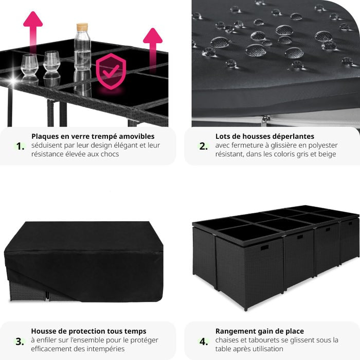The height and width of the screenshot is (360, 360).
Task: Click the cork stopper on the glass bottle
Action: pos(82,27)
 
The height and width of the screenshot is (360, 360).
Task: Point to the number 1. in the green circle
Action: pos(20,146)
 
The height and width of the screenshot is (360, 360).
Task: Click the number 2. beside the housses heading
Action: pos(204,146)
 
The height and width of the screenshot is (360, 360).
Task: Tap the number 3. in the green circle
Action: pos(20,341)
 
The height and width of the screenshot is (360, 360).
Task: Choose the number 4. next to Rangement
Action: pos(204,341)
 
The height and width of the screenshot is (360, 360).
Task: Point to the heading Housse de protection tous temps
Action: pos(88,331)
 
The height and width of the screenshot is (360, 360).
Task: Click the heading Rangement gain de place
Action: pos(260,331)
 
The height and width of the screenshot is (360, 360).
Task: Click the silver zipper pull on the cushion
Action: pos(265,120)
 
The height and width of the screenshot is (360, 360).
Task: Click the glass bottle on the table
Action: pos(82,51)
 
